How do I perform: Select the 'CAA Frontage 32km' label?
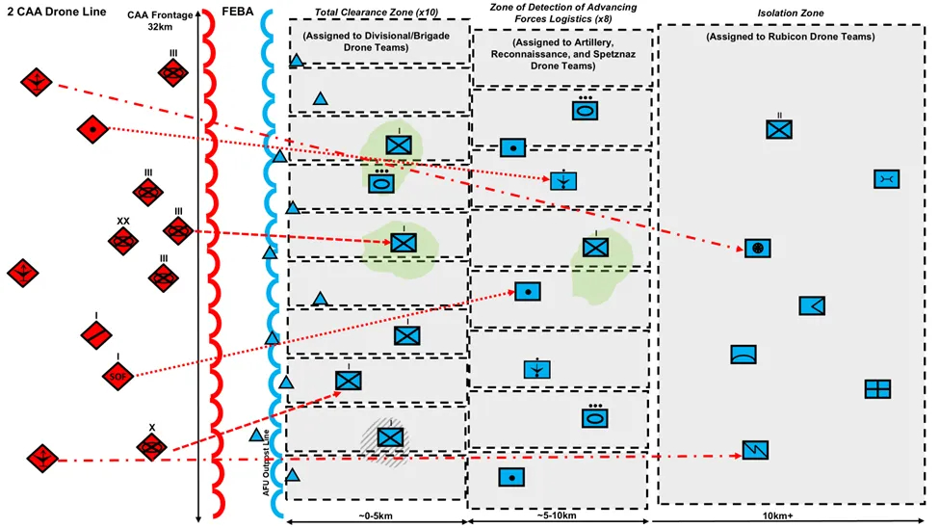[x=160, y=21]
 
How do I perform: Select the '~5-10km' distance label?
[x=560, y=516]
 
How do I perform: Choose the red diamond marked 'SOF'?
[x=117, y=375]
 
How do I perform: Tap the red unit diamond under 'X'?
[x=151, y=446]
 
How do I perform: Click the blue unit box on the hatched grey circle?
[x=389, y=436]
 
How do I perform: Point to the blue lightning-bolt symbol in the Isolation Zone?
[x=755, y=449]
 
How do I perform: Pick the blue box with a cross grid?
[x=877, y=388]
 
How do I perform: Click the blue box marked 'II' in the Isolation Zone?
[x=779, y=129]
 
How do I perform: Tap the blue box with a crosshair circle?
[x=758, y=248]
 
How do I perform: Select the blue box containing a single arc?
[x=743, y=354]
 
